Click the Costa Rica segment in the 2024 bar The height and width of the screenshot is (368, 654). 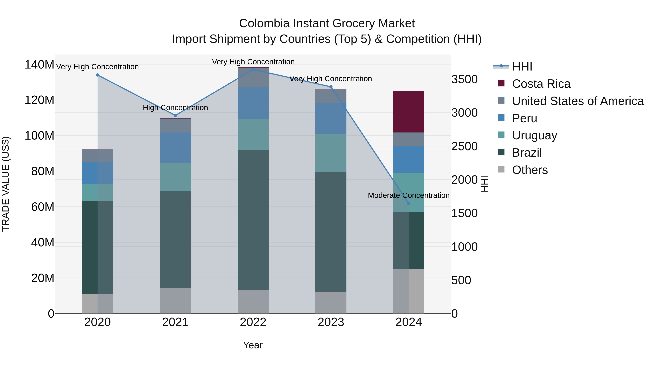409,112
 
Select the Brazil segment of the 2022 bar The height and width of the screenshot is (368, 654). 253,220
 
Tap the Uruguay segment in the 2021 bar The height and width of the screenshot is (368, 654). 175,177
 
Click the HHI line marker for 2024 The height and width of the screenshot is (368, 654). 409,203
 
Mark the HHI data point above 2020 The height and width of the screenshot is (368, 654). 98,75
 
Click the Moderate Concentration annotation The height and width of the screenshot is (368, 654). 409,195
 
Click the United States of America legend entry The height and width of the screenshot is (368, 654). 578,101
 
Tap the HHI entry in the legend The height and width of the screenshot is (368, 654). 522,67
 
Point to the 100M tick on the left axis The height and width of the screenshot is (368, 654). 39,136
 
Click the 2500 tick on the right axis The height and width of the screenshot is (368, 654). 464,146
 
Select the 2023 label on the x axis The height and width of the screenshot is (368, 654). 331,322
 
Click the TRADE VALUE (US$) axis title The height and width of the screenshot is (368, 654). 6,184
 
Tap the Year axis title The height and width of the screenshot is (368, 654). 253,345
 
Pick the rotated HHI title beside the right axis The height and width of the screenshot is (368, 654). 484,184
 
